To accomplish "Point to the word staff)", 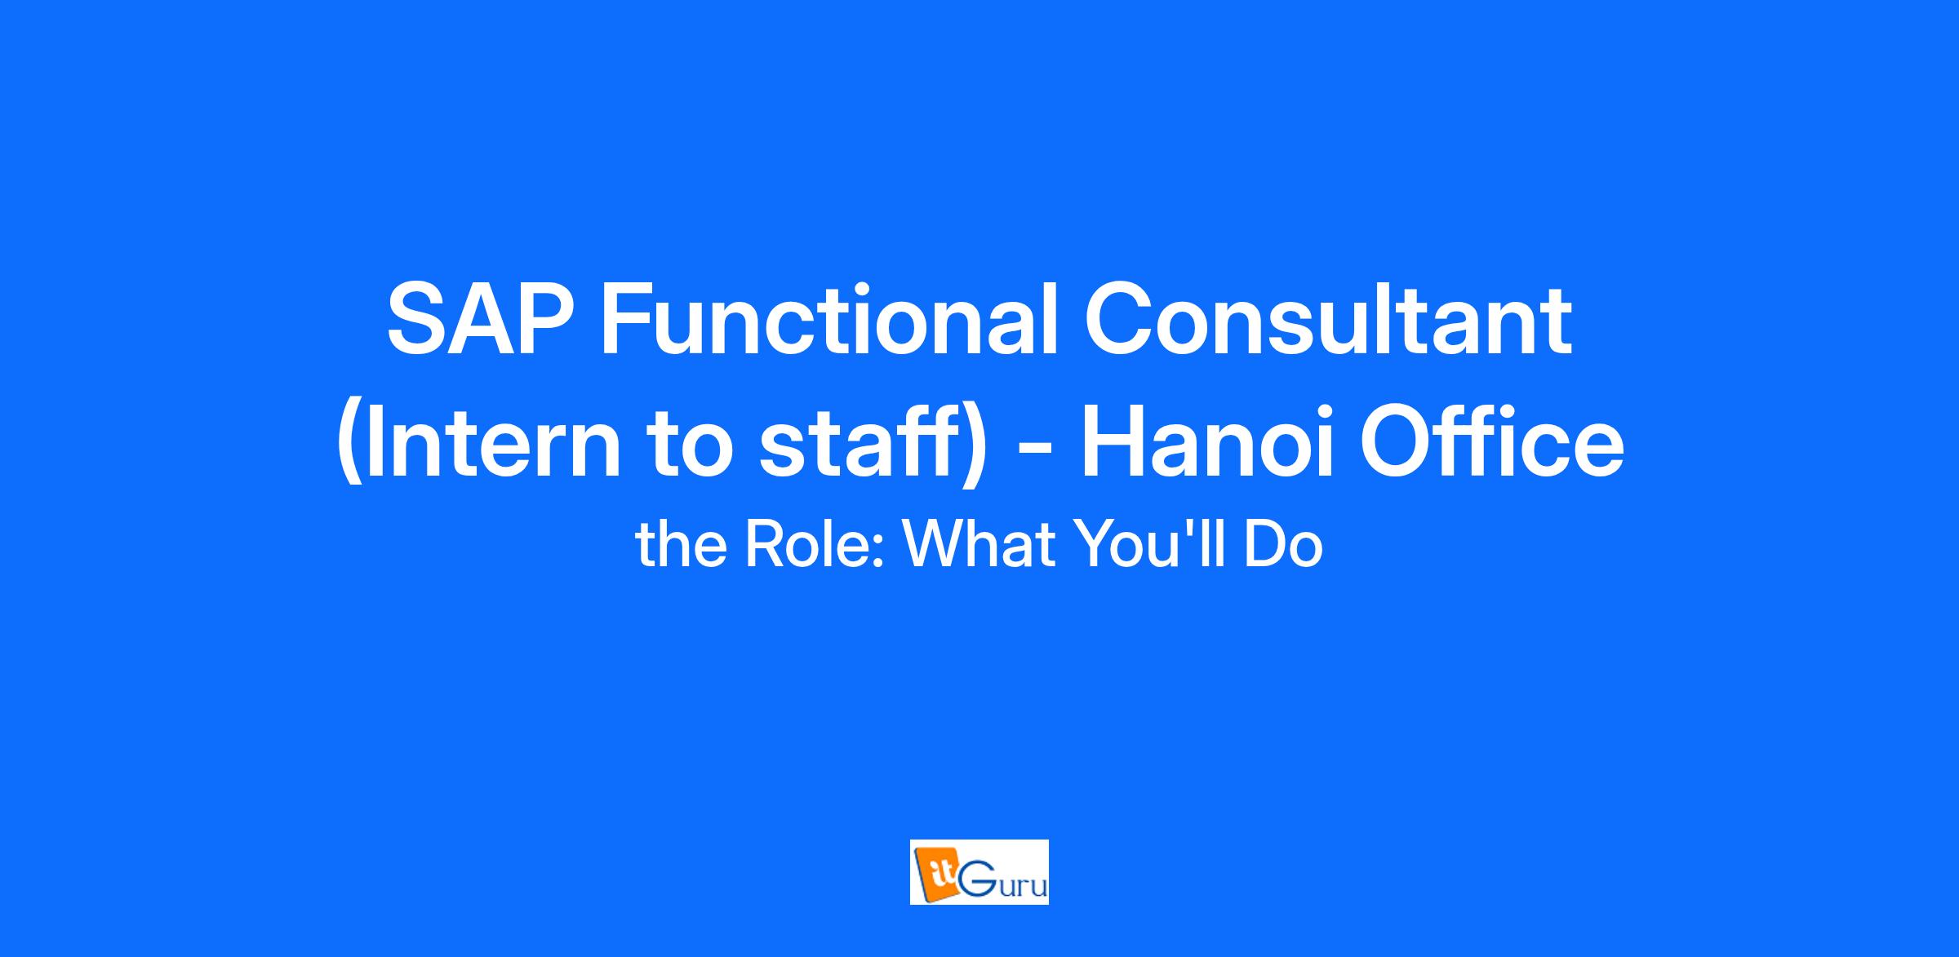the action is click(x=874, y=445).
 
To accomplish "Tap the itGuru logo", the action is click(x=979, y=872).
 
